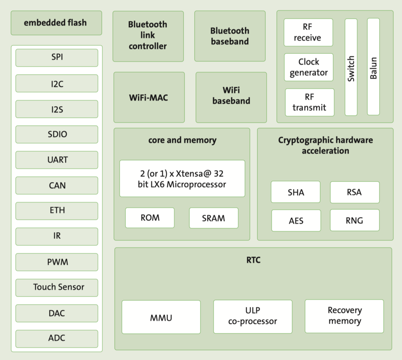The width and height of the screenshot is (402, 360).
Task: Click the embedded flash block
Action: (56, 23)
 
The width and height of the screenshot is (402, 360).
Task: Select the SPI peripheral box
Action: (57, 58)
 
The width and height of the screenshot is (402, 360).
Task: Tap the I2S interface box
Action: (57, 109)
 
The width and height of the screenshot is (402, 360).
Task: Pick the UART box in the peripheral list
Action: (57, 160)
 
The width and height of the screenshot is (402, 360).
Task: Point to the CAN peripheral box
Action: (57, 185)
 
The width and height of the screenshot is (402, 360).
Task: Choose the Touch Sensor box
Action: (57, 287)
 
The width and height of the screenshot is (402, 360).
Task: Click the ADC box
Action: (57, 338)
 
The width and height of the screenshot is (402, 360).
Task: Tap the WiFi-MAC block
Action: (149, 97)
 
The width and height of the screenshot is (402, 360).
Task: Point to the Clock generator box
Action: (309, 67)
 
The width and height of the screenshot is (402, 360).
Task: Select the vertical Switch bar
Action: (351, 67)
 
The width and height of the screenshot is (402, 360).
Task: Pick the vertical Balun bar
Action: (373, 67)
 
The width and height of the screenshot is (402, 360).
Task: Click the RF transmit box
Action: (310, 102)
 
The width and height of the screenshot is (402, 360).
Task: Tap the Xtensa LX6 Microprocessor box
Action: (182, 179)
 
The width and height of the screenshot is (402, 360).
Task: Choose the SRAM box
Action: (214, 218)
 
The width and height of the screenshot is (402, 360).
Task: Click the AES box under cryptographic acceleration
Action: (296, 220)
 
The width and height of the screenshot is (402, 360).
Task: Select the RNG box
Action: (354, 220)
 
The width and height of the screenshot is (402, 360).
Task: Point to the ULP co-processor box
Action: (253, 317)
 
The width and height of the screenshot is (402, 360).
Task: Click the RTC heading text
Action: (253, 260)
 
